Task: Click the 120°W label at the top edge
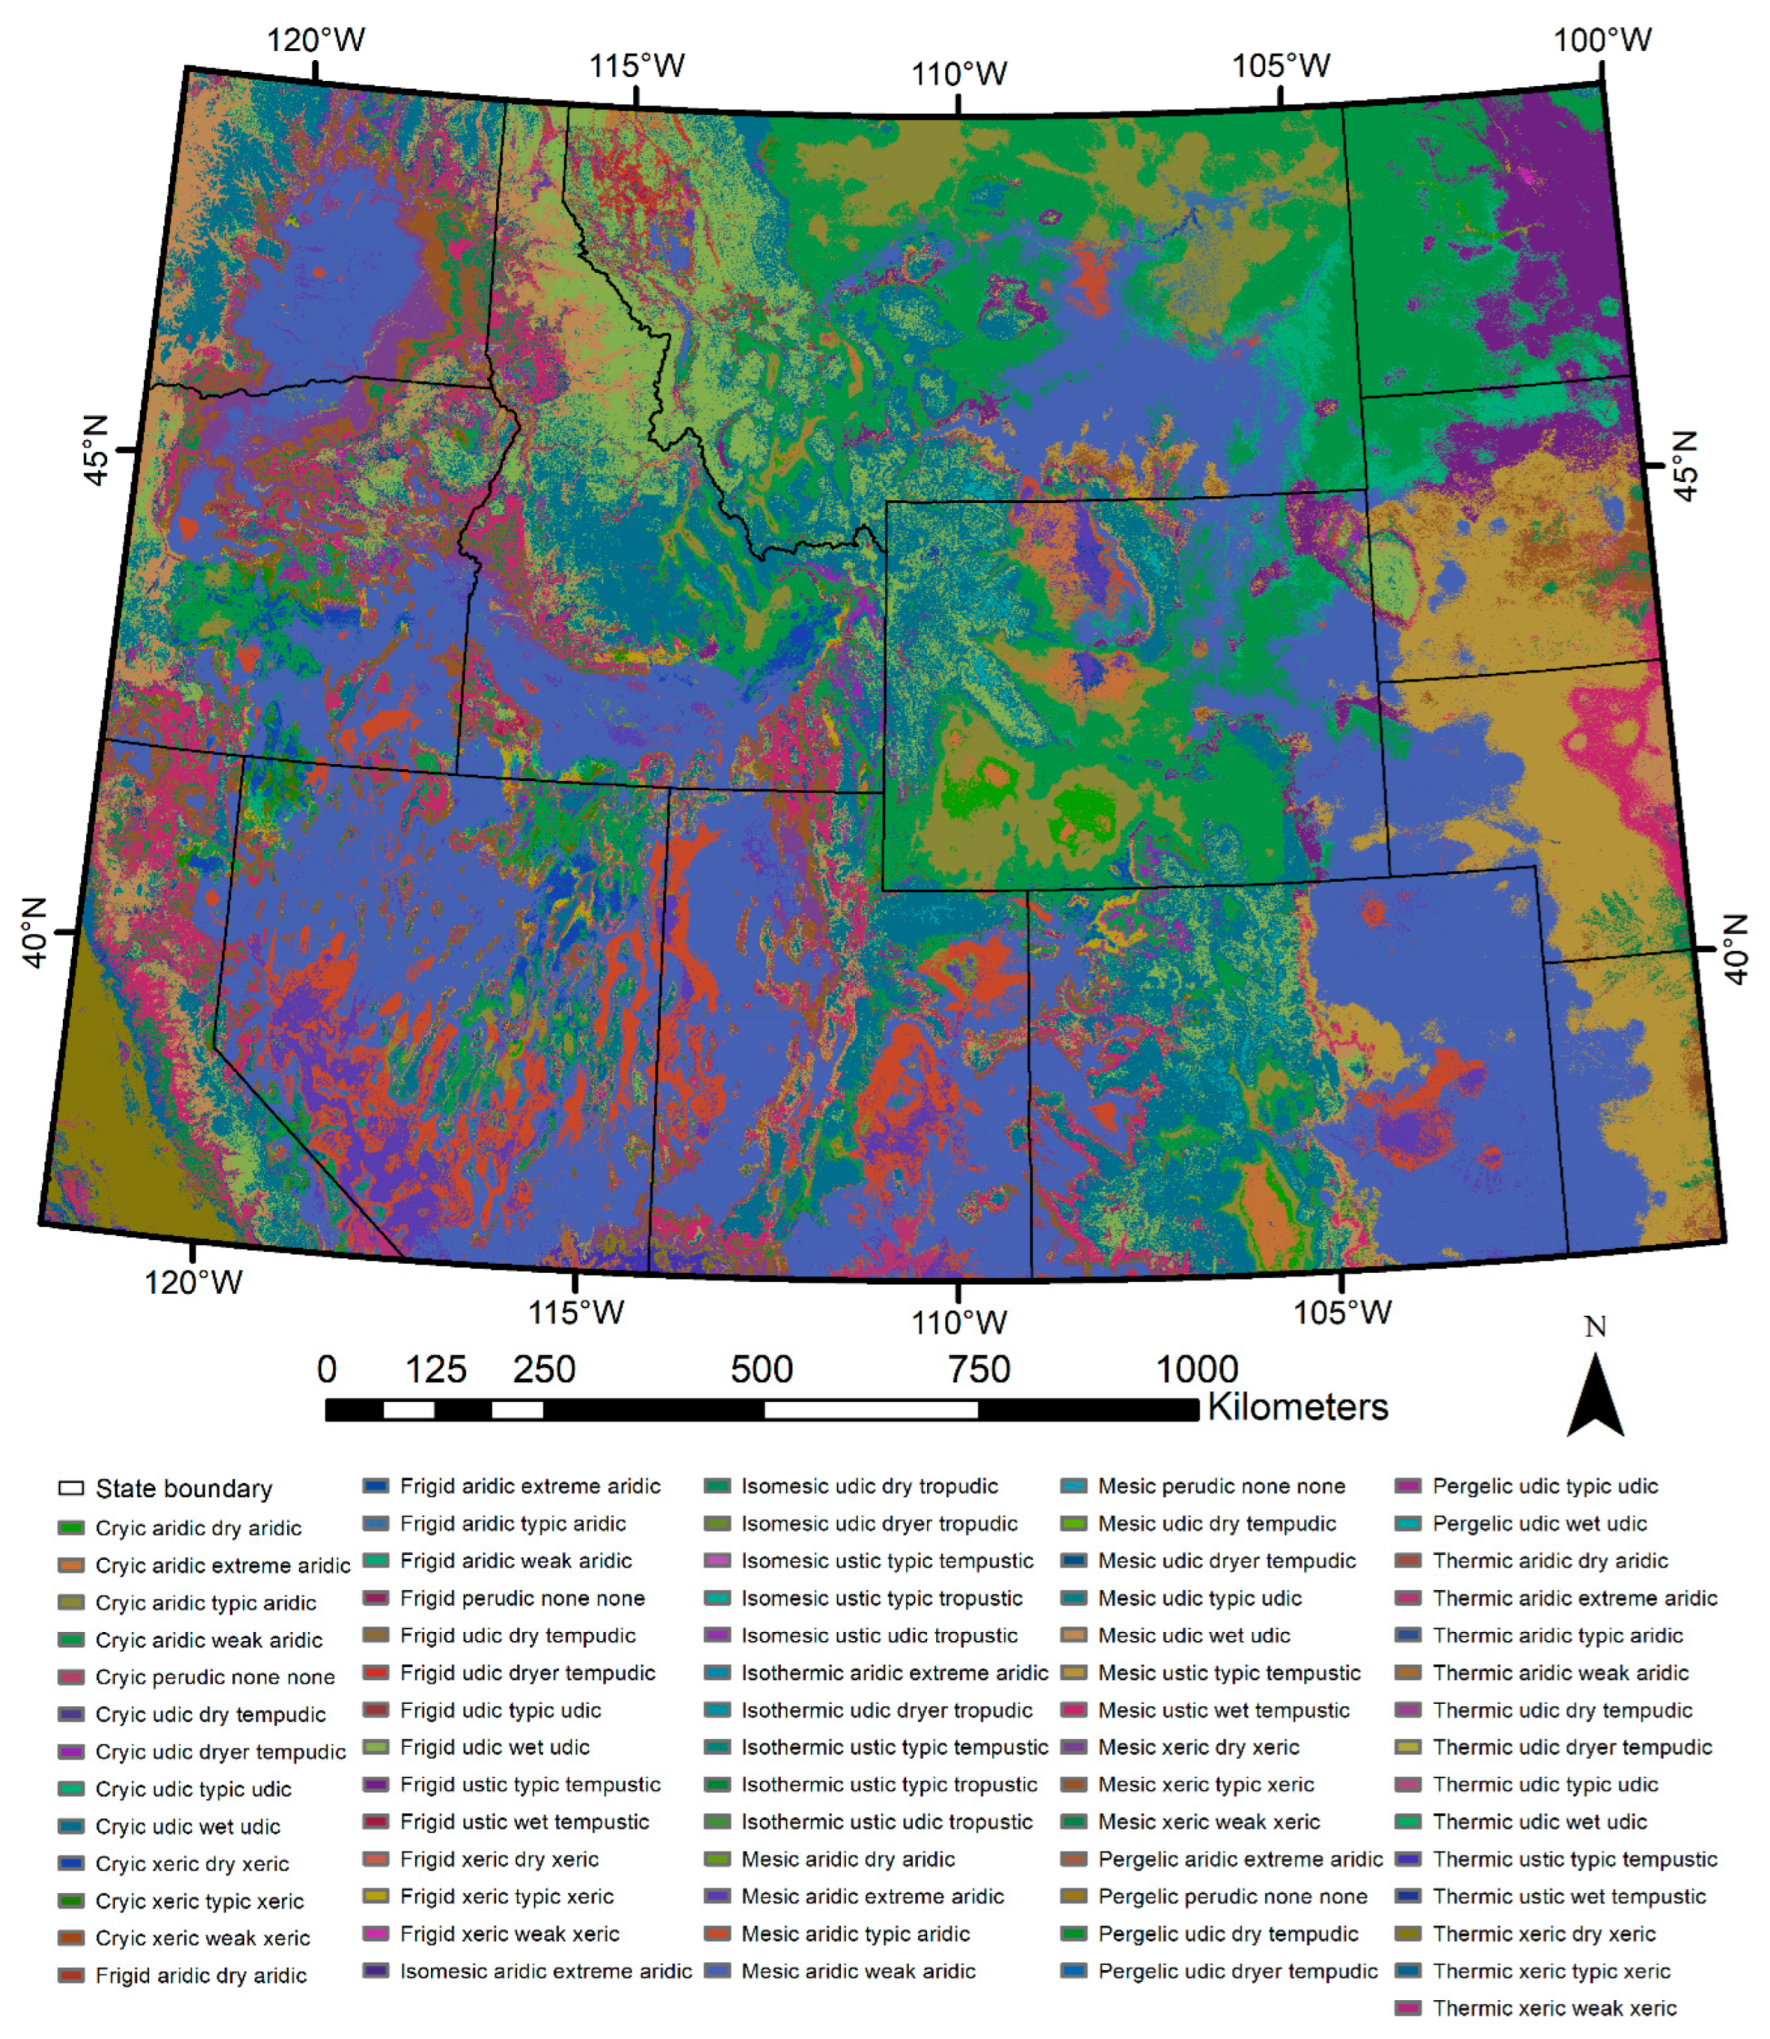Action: point(315,40)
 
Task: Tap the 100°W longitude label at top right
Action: point(1602,40)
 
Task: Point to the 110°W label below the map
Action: point(958,1321)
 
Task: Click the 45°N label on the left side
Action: point(95,450)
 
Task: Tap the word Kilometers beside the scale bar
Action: point(1297,1407)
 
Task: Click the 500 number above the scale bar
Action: point(762,1369)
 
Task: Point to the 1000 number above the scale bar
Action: point(1196,1369)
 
